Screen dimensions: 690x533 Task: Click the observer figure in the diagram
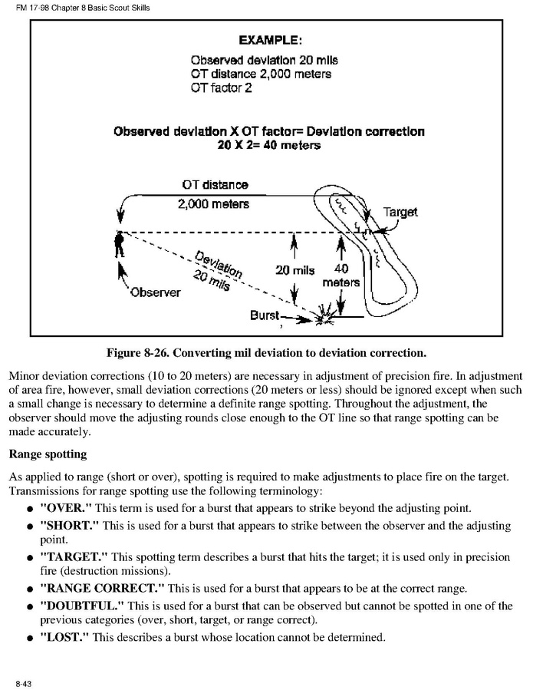(118, 245)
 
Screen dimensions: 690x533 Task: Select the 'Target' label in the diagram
(400, 212)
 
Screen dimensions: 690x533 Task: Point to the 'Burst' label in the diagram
(265, 315)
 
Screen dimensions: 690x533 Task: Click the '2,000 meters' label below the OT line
(214, 205)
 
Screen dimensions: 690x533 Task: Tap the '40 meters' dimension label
(341, 276)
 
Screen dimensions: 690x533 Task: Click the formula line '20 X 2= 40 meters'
(268, 145)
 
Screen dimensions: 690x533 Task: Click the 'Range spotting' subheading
(47, 454)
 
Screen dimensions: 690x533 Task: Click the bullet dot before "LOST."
(28, 639)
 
